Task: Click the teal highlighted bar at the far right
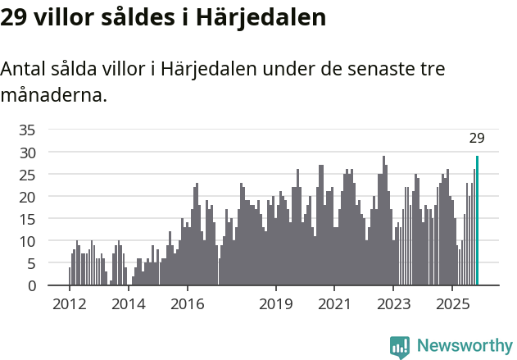pyautogui.click(x=477, y=221)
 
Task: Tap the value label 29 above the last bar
pyautogui.click(x=477, y=138)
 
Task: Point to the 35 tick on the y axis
pyautogui.click(x=27, y=130)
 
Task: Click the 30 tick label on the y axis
pyautogui.click(x=27, y=153)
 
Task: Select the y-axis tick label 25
pyautogui.click(x=27, y=175)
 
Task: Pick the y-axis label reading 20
pyautogui.click(x=27, y=197)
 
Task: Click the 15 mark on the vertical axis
pyautogui.click(x=27, y=219)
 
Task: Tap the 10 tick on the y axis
pyautogui.click(x=27, y=241)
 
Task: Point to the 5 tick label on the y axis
pyautogui.click(x=31, y=263)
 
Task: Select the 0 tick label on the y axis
pyautogui.click(x=31, y=286)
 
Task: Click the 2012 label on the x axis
pyautogui.click(x=69, y=304)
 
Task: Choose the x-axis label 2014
pyautogui.click(x=128, y=304)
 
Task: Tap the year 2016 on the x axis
pyautogui.click(x=187, y=304)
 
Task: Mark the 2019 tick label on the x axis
pyautogui.click(x=276, y=304)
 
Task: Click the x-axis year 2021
pyautogui.click(x=334, y=304)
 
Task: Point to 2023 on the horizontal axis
pyautogui.click(x=393, y=304)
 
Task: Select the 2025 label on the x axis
pyautogui.click(x=452, y=304)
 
